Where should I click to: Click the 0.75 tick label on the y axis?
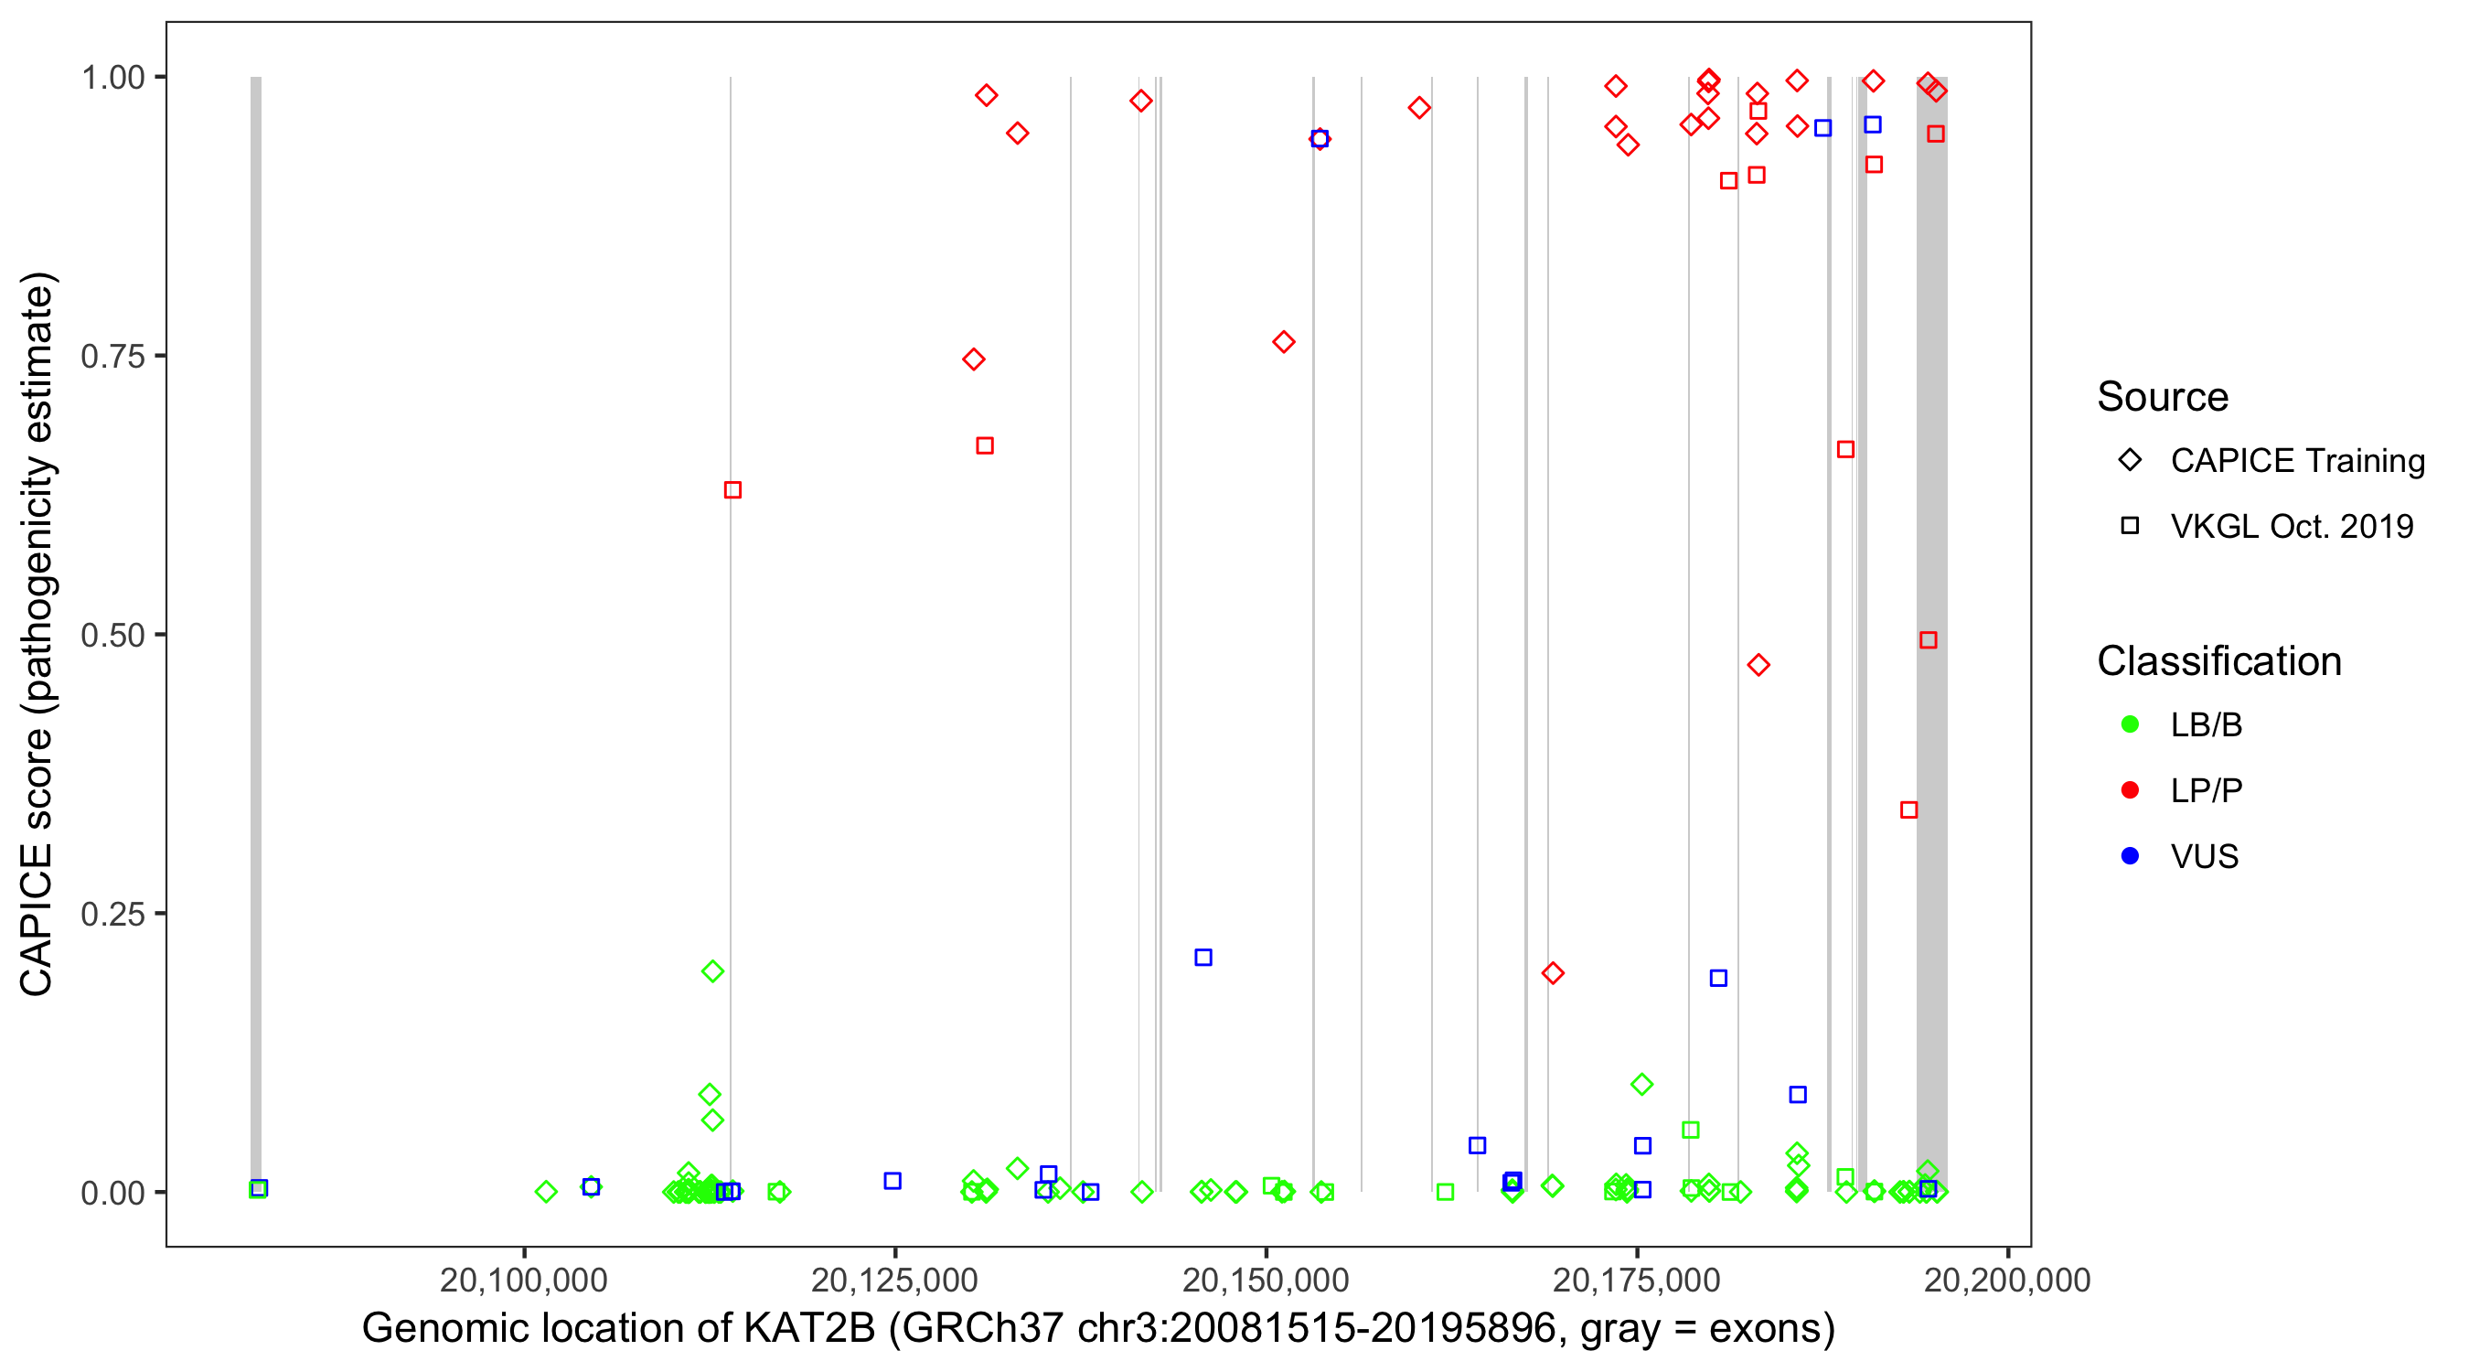coord(112,356)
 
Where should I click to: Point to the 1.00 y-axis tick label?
coord(112,78)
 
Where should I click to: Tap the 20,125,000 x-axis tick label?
coord(894,1280)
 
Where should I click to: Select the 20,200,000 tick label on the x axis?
coord(2007,1280)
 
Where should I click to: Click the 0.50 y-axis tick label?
coord(112,635)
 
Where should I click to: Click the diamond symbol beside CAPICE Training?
coord(2130,460)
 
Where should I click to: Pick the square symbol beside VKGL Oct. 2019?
coord(2130,525)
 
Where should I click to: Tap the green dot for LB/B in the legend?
coord(2130,724)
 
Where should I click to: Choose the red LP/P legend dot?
coord(2130,790)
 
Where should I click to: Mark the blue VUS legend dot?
coord(2130,855)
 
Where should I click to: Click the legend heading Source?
coord(2163,397)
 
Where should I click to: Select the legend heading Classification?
coord(2218,661)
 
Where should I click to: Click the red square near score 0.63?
coord(732,490)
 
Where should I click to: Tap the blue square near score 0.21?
coord(1202,957)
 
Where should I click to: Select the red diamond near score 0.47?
coord(1758,664)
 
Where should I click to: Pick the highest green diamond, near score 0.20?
coord(712,971)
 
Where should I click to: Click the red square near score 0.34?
coord(1908,810)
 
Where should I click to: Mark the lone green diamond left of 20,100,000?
coord(546,1192)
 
